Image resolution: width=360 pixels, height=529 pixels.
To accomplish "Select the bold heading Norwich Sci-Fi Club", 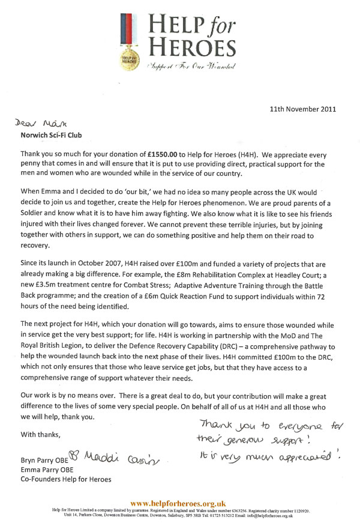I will point(56,135).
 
